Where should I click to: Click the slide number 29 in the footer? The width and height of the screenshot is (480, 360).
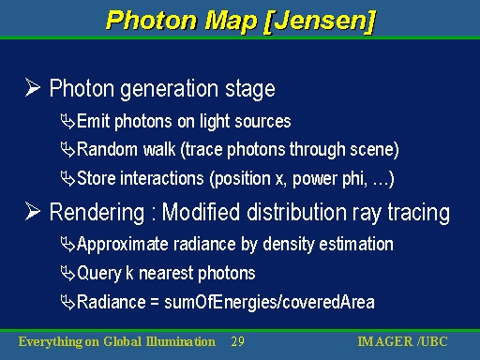click(237, 342)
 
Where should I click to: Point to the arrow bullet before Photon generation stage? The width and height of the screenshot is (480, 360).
click(33, 90)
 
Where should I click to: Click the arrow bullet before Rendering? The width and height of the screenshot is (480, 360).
click(33, 214)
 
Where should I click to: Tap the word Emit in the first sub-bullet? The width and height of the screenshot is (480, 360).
click(93, 122)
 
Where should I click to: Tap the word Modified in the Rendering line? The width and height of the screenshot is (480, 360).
click(202, 214)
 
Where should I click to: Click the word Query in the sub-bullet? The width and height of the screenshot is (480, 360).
click(97, 273)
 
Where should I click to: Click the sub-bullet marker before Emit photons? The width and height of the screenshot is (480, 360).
click(67, 122)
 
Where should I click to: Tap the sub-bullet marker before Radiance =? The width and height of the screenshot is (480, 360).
click(67, 301)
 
